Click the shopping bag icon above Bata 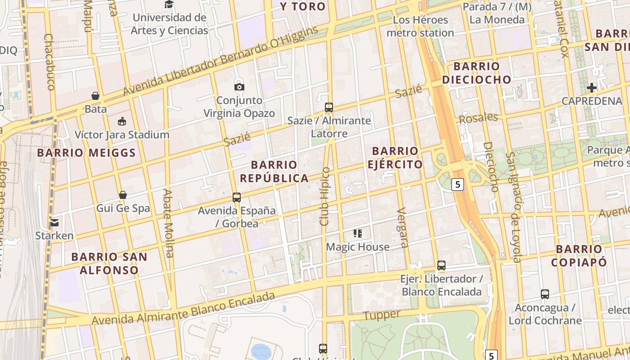(x=95, y=96)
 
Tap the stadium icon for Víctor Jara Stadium (x=122, y=121)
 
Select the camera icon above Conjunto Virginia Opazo (x=239, y=87)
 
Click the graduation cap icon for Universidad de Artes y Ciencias (x=169, y=4)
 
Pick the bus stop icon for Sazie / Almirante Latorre (x=329, y=108)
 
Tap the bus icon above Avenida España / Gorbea (x=237, y=197)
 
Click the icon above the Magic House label (x=358, y=234)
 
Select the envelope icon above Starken (x=54, y=222)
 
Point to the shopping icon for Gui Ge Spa (x=123, y=195)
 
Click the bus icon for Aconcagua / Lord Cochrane (x=545, y=294)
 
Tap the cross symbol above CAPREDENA (x=592, y=87)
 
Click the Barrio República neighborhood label (x=274, y=171)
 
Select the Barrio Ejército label (x=395, y=157)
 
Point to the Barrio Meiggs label (x=86, y=153)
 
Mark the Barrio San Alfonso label (x=109, y=264)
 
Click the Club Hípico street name (x=325, y=196)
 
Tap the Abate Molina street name (x=168, y=223)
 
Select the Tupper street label (x=382, y=315)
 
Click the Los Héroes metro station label (x=420, y=27)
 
